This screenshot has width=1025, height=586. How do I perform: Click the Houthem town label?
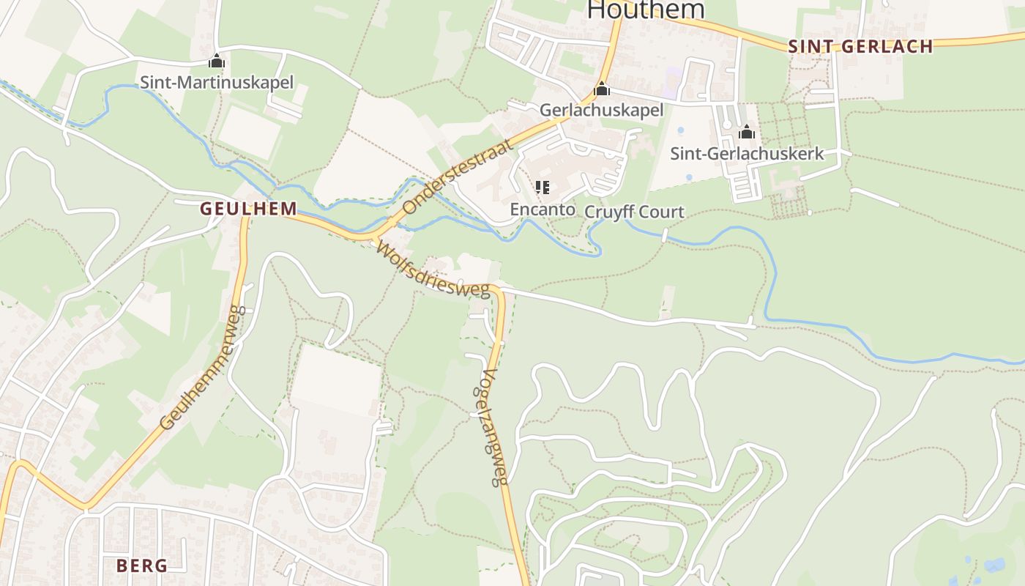[645, 10]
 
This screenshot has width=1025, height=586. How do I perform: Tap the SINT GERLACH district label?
[860, 47]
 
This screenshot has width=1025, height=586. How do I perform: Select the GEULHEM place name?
[249, 209]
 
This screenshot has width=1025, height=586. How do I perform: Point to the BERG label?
[142, 565]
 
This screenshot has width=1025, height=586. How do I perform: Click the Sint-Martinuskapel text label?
[217, 82]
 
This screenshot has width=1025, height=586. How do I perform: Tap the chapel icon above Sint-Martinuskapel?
[217, 61]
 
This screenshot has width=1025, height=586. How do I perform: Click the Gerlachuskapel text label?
[601, 110]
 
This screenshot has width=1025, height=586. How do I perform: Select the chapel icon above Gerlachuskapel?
[602, 89]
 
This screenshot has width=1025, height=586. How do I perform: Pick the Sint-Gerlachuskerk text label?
[747, 153]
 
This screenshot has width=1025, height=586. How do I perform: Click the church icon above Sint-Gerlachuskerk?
[747, 133]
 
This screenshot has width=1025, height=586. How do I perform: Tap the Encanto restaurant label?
[543, 209]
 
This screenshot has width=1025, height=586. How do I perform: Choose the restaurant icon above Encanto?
[543, 188]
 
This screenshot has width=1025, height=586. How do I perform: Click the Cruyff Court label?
[634, 212]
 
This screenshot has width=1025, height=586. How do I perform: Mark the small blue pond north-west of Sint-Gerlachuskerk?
[681, 130]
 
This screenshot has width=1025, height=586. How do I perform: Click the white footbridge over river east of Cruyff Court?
[665, 235]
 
